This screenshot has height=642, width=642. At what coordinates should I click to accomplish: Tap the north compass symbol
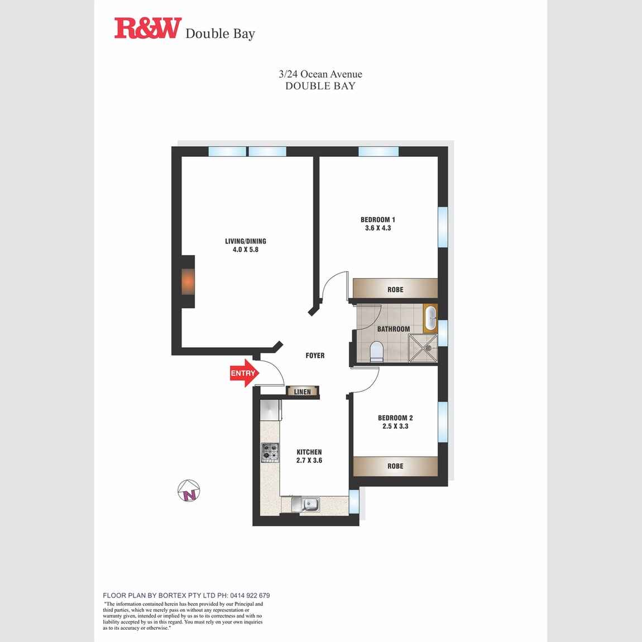tap(190, 492)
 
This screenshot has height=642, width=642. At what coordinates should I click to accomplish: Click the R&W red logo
tap(148, 28)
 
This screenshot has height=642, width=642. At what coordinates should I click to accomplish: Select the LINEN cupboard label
tap(302, 392)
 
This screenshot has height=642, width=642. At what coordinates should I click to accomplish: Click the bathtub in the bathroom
tap(430, 319)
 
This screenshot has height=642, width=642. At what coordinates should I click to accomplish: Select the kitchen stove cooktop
tap(270, 452)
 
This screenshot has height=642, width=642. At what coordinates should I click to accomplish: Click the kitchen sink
tap(309, 505)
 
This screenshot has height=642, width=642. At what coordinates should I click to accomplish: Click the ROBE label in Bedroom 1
tap(395, 290)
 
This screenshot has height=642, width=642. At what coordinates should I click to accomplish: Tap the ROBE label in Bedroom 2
tap(395, 466)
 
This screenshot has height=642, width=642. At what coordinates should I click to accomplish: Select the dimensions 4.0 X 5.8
tap(246, 250)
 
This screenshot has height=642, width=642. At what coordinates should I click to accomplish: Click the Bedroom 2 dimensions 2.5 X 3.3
tap(395, 427)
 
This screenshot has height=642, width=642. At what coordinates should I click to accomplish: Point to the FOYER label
tap(315, 356)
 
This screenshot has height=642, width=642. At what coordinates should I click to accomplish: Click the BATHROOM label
tap(393, 329)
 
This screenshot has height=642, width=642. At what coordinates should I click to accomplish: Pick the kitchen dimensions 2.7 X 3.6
tap(309, 461)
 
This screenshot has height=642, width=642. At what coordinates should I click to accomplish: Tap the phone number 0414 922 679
tap(245, 596)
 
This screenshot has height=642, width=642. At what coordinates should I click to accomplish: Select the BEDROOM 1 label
tap(378, 220)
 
